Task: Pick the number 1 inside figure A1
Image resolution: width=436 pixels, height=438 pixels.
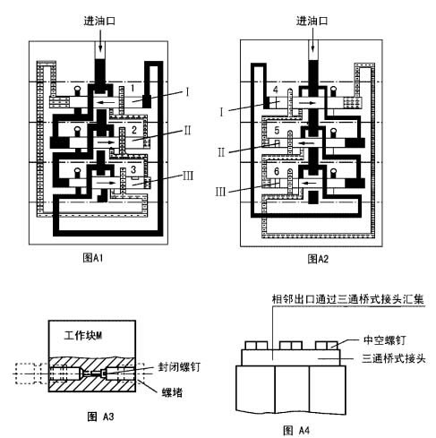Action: coord(132,90)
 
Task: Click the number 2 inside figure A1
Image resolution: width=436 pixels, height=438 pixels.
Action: coord(133,131)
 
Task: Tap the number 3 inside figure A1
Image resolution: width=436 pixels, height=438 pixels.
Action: coord(133,169)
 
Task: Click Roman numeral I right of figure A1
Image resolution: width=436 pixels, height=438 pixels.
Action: coord(187,91)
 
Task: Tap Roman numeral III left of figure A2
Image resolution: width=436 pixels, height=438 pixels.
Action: coord(233,190)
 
